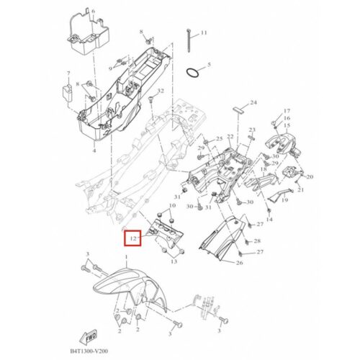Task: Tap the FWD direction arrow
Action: coord(88,337)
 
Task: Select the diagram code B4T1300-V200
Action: coord(89,351)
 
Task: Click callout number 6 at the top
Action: coord(94,11)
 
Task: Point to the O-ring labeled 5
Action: coord(192,73)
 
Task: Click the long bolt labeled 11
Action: coord(189,40)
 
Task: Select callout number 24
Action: coord(253,102)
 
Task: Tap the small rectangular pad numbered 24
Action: coord(238,111)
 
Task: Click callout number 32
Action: coord(161,91)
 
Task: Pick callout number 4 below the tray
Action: coord(94,150)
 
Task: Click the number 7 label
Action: coord(68,73)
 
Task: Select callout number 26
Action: coord(239,263)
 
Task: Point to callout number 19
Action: coord(284,199)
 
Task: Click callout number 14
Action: coord(269,219)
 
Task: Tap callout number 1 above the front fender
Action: coord(127,257)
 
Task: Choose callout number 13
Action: coord(174,261)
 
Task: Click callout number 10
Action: coord(172,205)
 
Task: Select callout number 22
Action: coord(230,137)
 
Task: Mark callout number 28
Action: coord(257,240)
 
